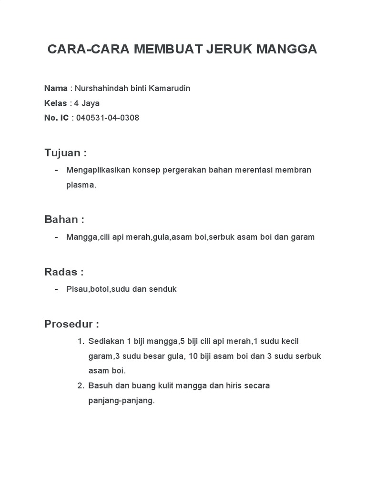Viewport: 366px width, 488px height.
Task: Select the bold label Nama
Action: coord(56,88)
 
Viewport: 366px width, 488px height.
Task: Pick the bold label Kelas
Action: coord(56,103)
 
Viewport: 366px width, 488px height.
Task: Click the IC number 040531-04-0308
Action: coord(108,118)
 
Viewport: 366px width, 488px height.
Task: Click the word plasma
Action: coord(81,185)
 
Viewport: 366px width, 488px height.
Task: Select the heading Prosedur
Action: coord(71,325)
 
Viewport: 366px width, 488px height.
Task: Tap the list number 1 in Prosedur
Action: coord(80,342)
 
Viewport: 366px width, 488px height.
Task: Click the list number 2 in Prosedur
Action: coord(80,386)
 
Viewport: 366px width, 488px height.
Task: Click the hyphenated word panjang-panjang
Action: coord(122,400)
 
